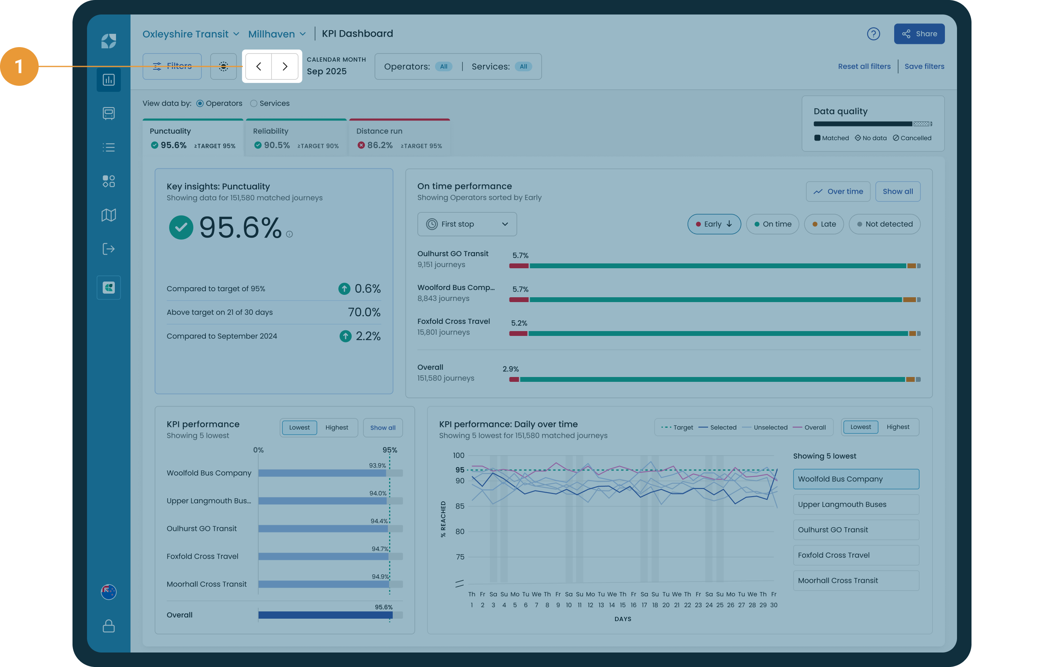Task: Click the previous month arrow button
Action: tap(259, 66)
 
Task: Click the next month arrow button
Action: tap(285, 66)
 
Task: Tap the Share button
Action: tap(919, 34)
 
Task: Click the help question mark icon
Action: tap(873, 34)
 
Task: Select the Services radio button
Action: tap(254, 103)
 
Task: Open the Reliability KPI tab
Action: tap(296, 137)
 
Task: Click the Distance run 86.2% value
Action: tap(380, 145)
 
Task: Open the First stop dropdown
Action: tap(467, 224)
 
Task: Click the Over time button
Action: tap(838, 191)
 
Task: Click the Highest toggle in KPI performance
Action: tap(336, 428)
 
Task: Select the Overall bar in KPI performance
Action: tap(325, 615)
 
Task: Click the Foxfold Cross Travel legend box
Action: tap(856, 555)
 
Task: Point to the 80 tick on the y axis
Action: tap(460, 531)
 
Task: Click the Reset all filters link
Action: tap(864, 66)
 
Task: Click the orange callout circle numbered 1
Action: tap(19, 66)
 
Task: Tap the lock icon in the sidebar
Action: tap(109, 626)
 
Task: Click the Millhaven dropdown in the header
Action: tap(277, 34)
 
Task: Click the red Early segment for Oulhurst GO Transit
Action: tap(519, 266)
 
